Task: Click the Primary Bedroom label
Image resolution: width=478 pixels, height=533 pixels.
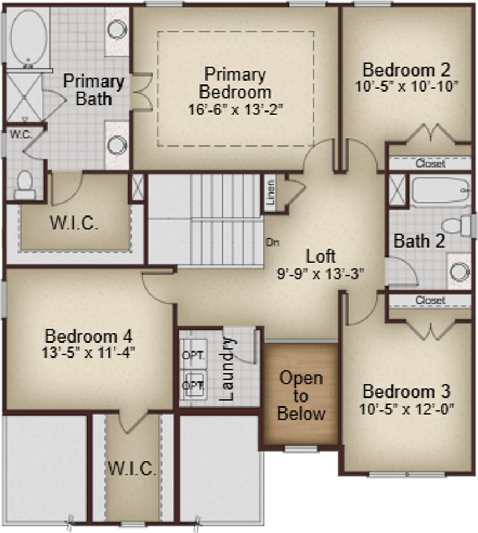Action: pos(235,82)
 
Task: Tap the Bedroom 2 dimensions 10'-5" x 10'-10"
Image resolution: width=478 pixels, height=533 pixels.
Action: pos(406,87)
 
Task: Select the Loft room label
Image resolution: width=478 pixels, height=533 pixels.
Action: pos(321,257)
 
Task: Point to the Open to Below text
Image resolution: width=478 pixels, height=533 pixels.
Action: pos(301,396)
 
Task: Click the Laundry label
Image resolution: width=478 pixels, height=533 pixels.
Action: pos(227,369)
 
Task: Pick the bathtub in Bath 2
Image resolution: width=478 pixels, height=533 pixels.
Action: pos(440,192)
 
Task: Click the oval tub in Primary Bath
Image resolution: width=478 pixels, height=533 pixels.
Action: pos(28,38)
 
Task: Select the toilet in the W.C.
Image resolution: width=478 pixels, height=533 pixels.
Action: pos(24,185)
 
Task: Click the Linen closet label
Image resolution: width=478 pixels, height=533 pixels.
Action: pos(270,193)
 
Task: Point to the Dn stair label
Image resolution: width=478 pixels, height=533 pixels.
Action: pos(272,242)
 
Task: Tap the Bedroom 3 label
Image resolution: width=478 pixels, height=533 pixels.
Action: pos(406,391)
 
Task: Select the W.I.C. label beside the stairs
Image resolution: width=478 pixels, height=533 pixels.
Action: pos(74,224)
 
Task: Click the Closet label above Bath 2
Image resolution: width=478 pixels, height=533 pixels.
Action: pos(430,164)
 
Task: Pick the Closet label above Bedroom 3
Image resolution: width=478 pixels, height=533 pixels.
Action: pos(430,300)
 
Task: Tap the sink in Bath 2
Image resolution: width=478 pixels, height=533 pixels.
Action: pos(459,271)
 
